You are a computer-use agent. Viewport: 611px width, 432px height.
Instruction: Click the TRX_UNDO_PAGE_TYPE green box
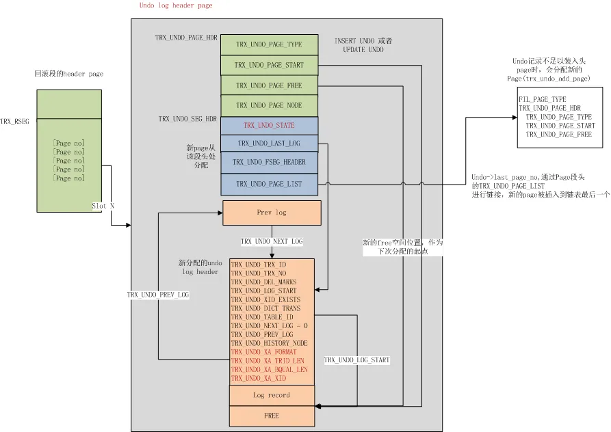(270, 44)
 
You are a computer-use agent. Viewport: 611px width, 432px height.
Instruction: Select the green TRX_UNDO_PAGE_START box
(270, 65)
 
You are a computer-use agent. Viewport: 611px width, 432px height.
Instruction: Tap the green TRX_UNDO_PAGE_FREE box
(270, 85)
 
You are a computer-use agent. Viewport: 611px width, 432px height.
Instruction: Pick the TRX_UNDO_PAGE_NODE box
(270, 105)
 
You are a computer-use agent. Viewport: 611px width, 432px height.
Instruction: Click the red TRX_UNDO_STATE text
(269, 125)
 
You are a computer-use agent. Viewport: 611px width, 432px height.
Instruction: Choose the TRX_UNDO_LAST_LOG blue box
(270, 144)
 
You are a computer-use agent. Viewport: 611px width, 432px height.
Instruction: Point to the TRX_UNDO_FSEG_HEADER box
(270, 162)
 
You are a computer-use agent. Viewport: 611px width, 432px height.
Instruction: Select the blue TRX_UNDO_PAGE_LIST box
(270, 184)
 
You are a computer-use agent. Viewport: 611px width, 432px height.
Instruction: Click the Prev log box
(272, 213)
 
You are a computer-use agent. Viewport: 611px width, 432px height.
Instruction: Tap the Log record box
(272, 395)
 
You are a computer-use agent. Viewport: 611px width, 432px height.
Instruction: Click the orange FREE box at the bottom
(272, 416)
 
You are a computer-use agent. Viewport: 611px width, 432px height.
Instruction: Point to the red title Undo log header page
(176, 5)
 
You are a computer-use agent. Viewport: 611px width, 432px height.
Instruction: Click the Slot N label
(103, 206)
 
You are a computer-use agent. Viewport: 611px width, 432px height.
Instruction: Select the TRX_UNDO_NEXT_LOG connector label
(272, 242)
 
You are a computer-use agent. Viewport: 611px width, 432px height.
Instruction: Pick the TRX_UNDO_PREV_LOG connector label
(158, 295)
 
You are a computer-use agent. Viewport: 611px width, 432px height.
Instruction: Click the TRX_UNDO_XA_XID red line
(259, 378)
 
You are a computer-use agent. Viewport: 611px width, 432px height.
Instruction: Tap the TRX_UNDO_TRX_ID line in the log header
(259, 265)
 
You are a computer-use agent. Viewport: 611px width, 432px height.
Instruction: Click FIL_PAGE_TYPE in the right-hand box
(543, 100)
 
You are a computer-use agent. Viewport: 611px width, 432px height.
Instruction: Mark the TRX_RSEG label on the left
(15, 122)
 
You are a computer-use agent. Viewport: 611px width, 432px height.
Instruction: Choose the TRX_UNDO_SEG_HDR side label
(187, 119)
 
